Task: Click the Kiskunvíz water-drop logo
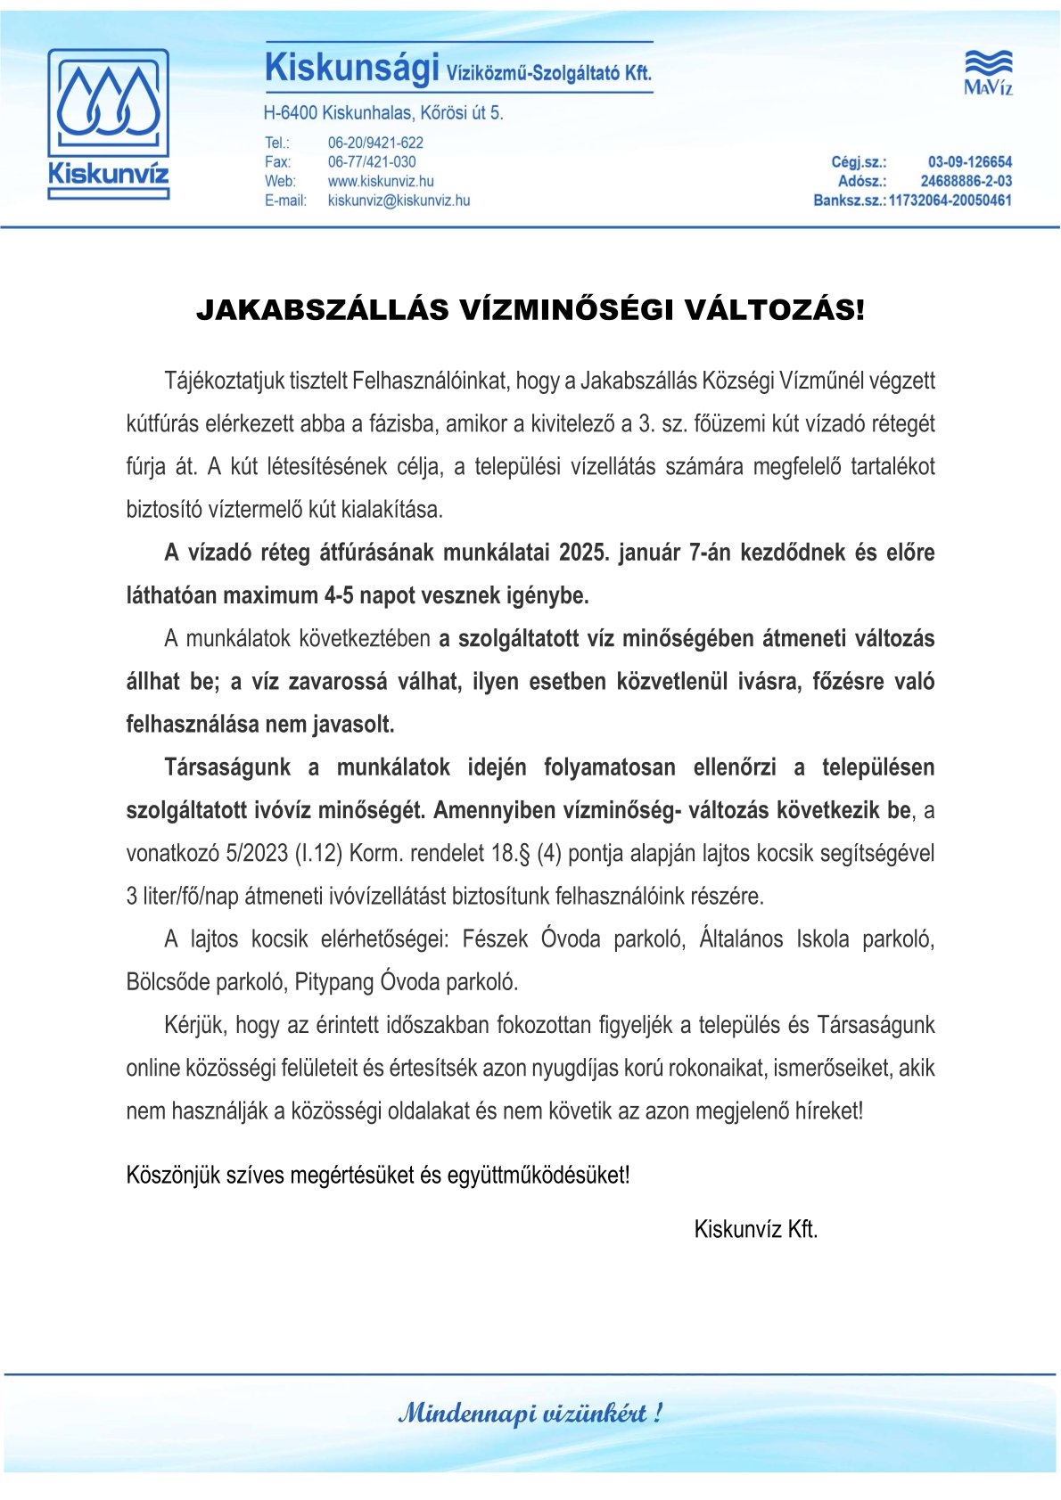[x=108, y=124]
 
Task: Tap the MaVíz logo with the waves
[x=988, y=72]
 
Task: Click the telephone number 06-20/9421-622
[x=375, y=143]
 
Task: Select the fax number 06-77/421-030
[x=372, y=162]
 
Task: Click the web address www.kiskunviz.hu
[x=381, y=182]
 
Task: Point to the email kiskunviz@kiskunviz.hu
[x=399, y=201]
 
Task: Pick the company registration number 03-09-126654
[x=970, y=162]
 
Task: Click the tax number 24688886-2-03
[x=966, y=182]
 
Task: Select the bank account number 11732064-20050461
[x=950, y=201]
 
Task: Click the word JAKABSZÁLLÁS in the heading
[x=323, y=310]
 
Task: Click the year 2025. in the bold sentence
[x=583, y=553]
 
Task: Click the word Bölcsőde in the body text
[x=168, y=982]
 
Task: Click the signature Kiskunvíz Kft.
[x=756, y=1230]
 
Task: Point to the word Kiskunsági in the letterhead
[x=352, y=69]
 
